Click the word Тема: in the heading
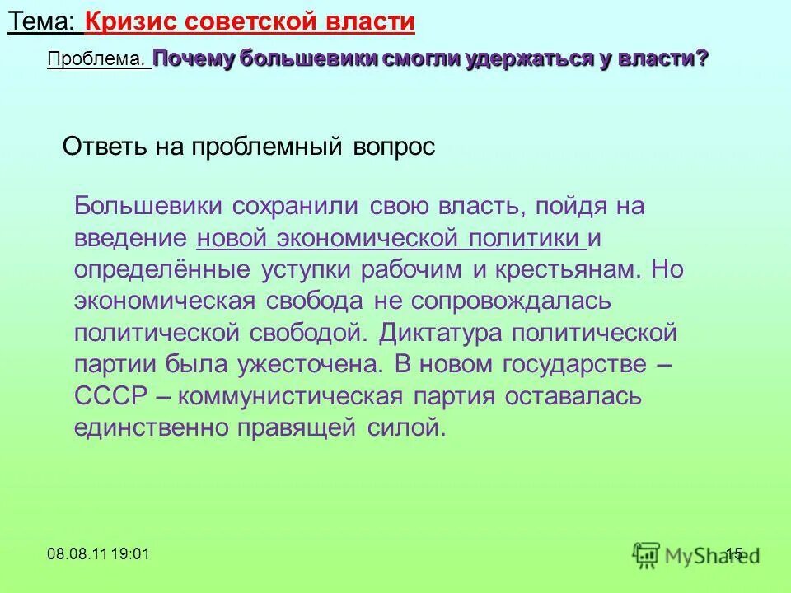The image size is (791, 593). pos(43,22)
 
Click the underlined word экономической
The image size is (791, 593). pos(372,239)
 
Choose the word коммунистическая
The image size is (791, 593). pos(290,396)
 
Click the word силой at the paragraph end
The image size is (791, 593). pos(410,427)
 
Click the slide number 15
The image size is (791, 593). pos(734,553)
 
